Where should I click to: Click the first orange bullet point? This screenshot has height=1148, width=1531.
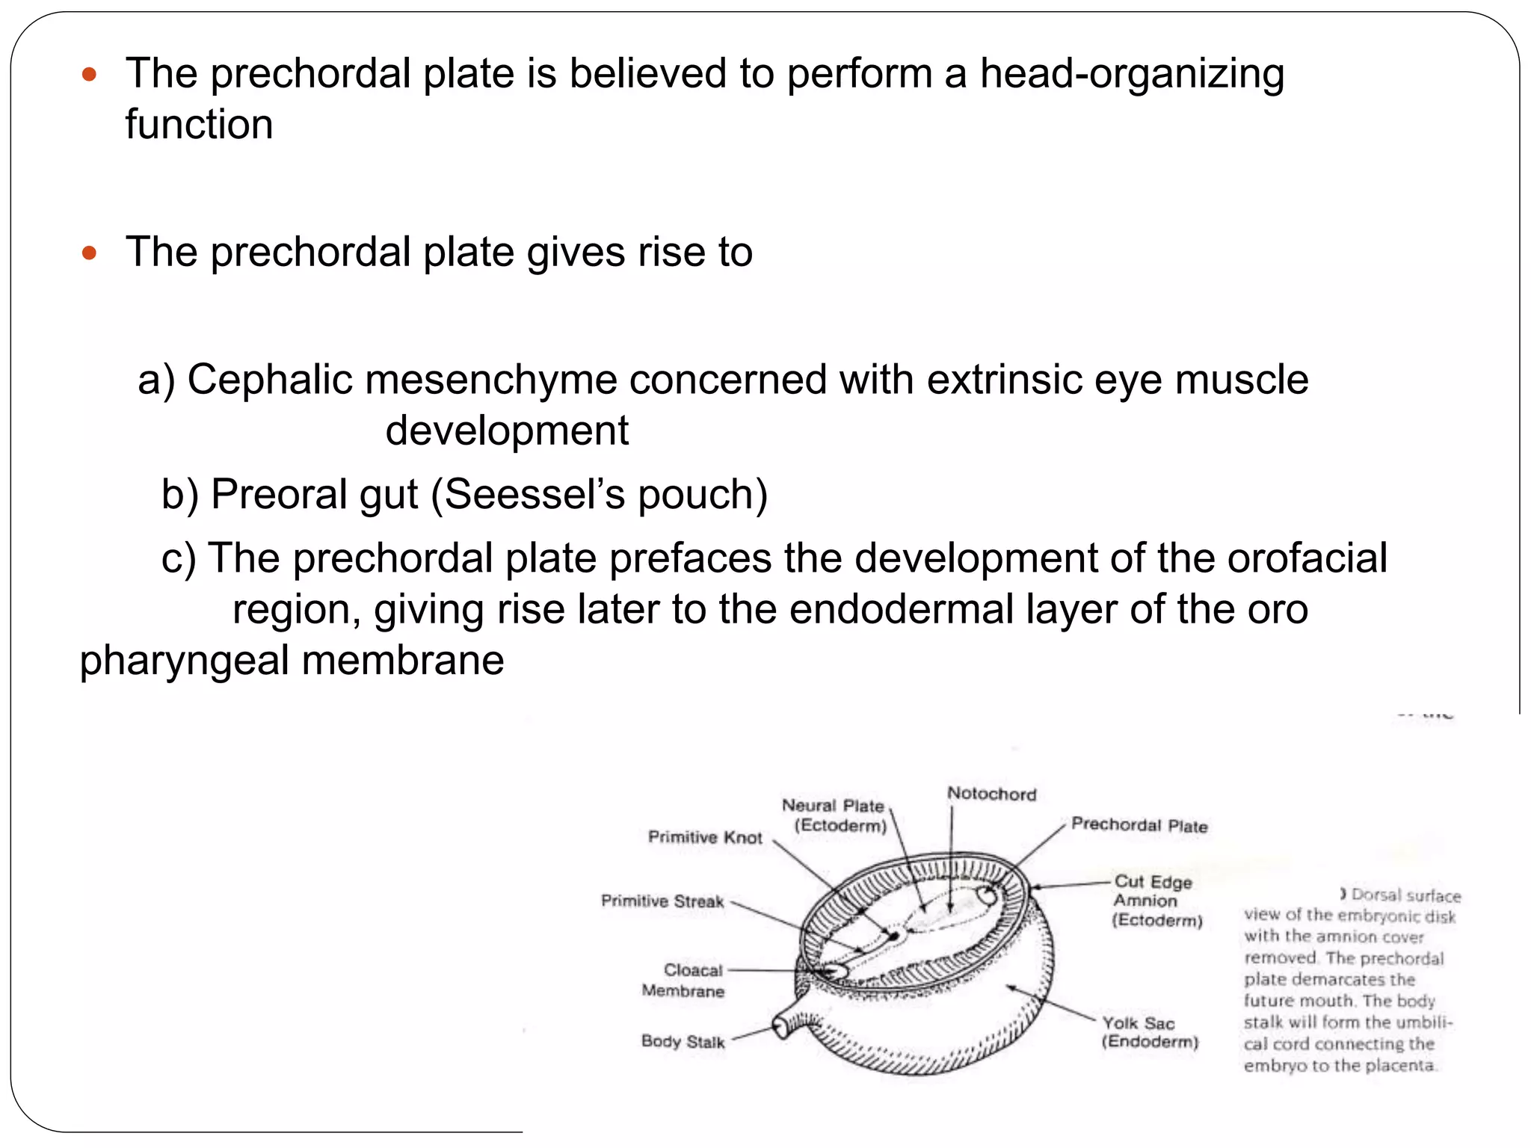[90, 74]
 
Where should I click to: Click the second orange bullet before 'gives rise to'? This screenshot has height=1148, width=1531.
[90, 253]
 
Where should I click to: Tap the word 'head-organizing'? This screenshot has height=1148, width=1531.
[1132, 75]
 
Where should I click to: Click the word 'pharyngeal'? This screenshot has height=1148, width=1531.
[184, 661]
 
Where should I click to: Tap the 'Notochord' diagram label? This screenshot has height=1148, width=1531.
[991, 794]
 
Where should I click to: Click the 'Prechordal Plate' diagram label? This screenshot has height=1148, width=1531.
[1139, 825]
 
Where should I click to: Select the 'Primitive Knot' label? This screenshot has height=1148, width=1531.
[704, 837]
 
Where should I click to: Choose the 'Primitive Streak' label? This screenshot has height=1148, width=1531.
[662, 901]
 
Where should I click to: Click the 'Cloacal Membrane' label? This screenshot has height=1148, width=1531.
[683, 981]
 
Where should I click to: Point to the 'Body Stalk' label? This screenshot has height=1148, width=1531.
[683, 1041]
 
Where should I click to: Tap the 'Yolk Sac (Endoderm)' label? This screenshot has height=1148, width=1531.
[1150, 1032]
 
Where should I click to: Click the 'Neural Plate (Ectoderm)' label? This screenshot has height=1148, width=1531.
[834, 815]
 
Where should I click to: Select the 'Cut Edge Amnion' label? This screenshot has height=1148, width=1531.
[1156, 901]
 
